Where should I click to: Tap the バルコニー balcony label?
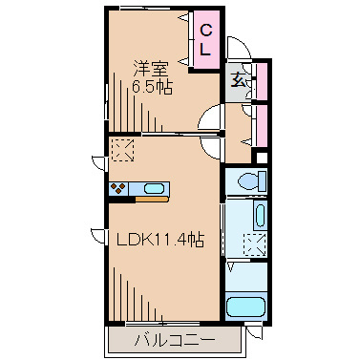tap(175, 338)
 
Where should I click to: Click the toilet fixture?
tap(247, 180)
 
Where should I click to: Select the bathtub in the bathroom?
tap(247, 308)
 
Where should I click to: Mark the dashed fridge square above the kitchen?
tap(122, 149)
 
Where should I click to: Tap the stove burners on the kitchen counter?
tap(120, 187)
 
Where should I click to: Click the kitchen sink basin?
tap(154, 187)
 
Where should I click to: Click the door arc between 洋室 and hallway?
tap(206, 121)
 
